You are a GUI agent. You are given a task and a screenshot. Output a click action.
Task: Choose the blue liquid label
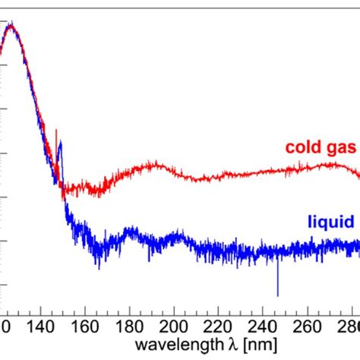coord(331,222)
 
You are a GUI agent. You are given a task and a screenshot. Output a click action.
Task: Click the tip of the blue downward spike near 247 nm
coord(278,295)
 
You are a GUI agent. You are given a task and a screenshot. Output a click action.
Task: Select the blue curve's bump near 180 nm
coord(132,230)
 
